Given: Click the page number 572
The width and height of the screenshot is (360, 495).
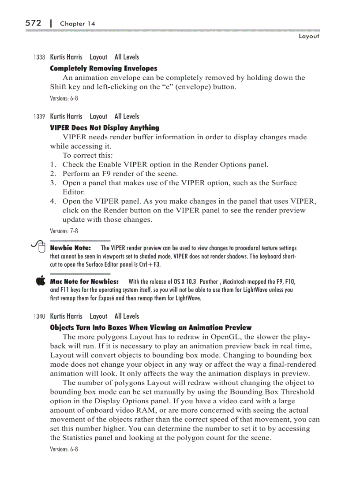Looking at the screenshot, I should point(33,23).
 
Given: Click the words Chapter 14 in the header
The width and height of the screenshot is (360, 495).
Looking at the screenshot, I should point(78,24).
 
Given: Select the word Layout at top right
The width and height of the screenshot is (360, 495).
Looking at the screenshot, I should point(309,36).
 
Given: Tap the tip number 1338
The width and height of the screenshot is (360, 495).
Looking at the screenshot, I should point(39,57).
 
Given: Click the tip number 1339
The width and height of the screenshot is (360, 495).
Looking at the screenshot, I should point(39,117).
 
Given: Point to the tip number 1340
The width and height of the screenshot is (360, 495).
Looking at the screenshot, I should point(39,316).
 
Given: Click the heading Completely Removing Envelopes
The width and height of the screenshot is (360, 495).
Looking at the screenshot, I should point(104,68).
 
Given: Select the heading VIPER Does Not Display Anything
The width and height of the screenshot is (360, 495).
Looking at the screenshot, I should point(105,128).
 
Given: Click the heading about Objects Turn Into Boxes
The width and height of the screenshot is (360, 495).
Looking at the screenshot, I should point(151,328).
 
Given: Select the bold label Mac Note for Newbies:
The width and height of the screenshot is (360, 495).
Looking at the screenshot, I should point(84,281).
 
